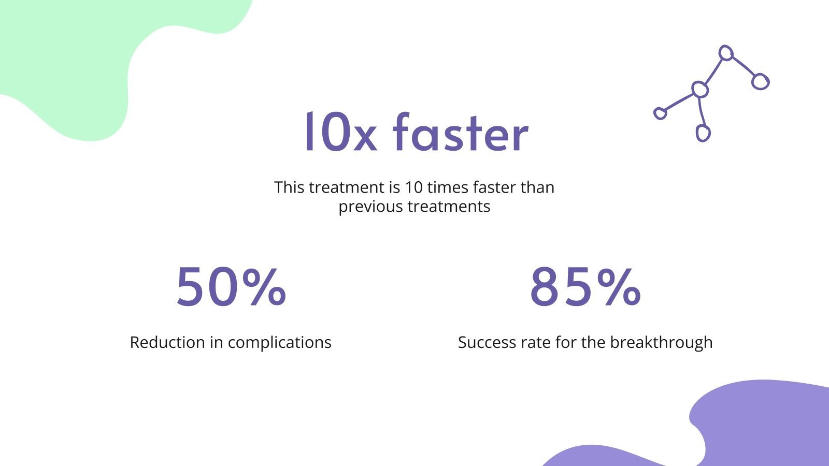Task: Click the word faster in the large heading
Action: [x=461, y=133]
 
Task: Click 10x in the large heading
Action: [x=339, y=133]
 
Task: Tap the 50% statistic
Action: [x=231, y=287]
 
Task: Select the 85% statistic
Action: [x=585, y=287]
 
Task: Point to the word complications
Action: [x=279, y=343]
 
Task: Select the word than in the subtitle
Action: [x=537, y=187]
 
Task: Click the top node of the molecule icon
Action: [x=726, y=53]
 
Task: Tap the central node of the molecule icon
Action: [x=700, y=90]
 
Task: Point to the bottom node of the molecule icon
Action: [x=703, y=133]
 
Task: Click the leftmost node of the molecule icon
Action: [x=660, y=113]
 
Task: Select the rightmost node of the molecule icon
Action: [x=760, y=81]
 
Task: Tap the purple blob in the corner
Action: [x=762, y=425]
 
